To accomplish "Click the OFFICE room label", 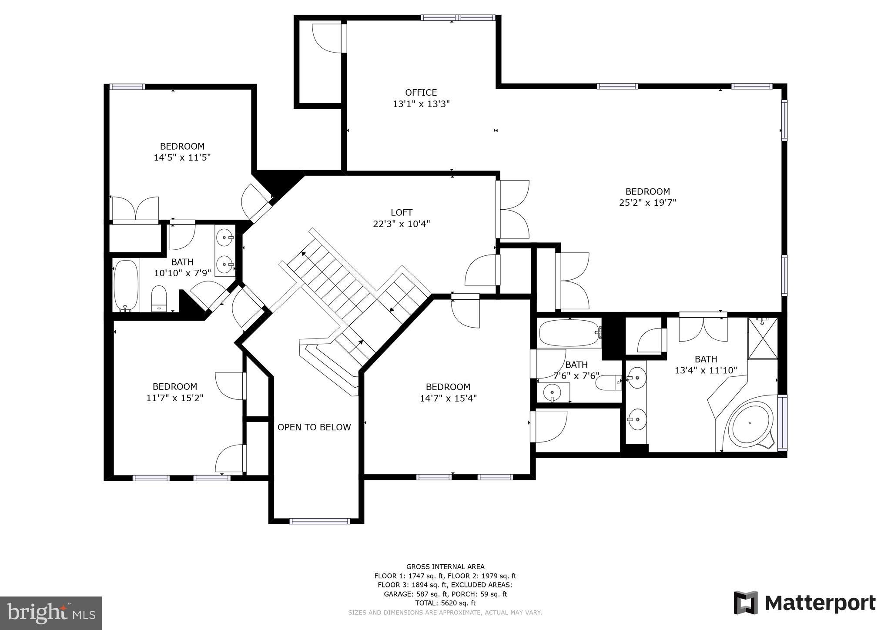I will point(421,93).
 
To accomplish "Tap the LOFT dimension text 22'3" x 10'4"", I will point(401,224).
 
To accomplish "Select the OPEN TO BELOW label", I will point(314,427).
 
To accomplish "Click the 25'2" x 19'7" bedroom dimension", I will point(647,203).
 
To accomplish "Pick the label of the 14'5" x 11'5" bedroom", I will point(182,146).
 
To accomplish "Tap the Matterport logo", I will point(804,603).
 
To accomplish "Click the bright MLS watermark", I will point(51,613).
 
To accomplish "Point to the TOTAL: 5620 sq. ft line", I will point(445,603).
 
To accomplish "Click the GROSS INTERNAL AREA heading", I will point(445,566).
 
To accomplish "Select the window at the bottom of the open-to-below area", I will point(320,521).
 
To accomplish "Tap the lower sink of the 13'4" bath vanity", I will point(637,419).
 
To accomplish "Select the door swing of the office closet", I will point(327,38).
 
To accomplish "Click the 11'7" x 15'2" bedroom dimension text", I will point(175,398).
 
